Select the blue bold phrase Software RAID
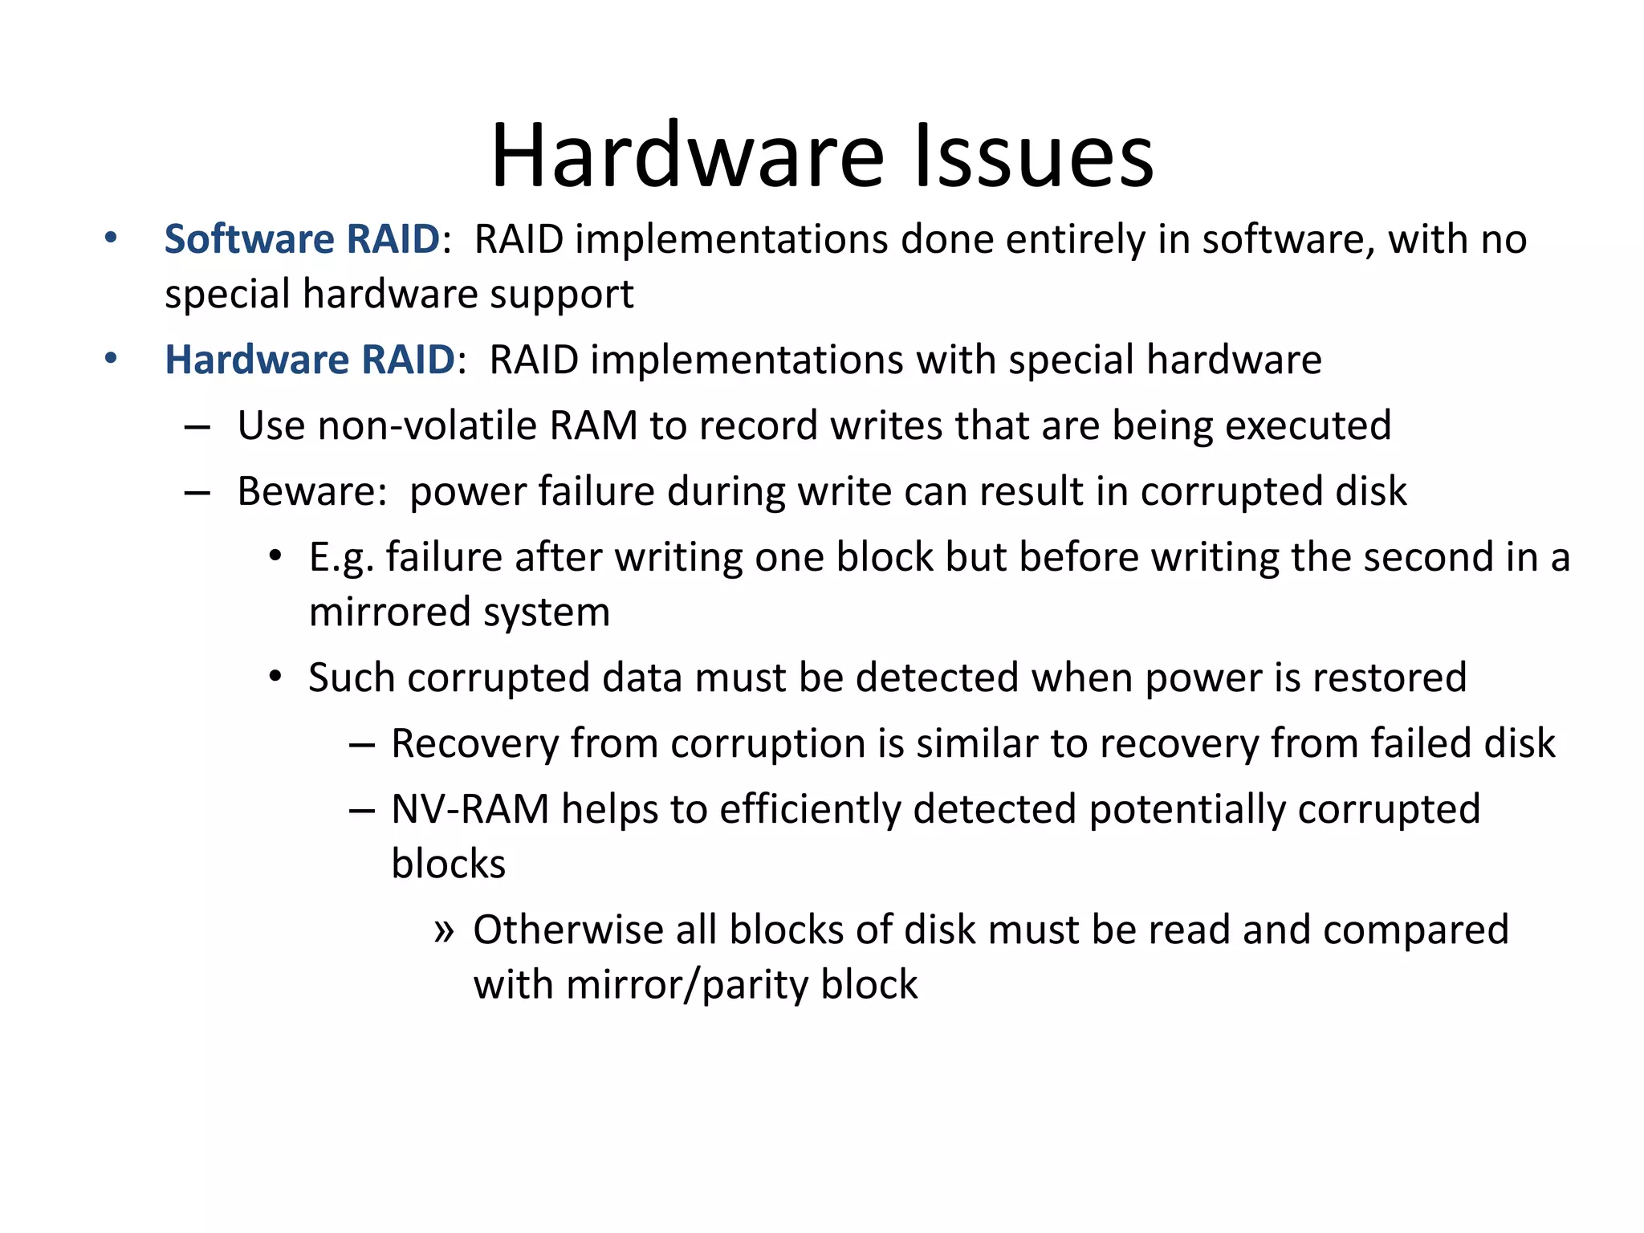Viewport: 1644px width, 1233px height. tap(302, 239)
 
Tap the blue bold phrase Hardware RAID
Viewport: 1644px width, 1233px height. tap(310, 360)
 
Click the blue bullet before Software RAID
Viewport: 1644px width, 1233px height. tap(111, 238)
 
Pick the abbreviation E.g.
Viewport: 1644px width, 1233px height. tap(341, 558)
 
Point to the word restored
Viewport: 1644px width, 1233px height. tap(1389, 678)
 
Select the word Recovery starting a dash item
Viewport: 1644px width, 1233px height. tap(474, 743)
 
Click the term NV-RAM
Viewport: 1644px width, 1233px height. tap(470, 809)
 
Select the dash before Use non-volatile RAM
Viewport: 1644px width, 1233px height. tap(197, 427)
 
